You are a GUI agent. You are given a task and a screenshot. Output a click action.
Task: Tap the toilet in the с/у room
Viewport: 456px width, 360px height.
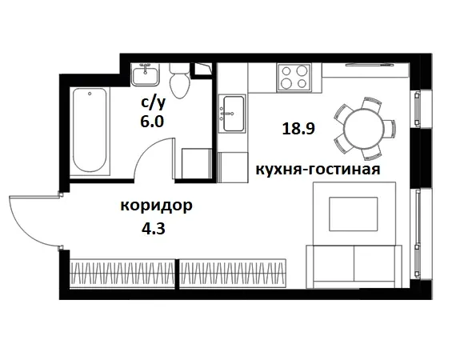180,80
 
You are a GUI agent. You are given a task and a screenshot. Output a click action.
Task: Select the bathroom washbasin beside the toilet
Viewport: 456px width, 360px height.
148,74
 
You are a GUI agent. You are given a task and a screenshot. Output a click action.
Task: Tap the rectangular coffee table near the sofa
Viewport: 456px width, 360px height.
350,214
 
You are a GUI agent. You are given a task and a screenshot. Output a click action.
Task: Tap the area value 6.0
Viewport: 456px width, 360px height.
151,122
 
